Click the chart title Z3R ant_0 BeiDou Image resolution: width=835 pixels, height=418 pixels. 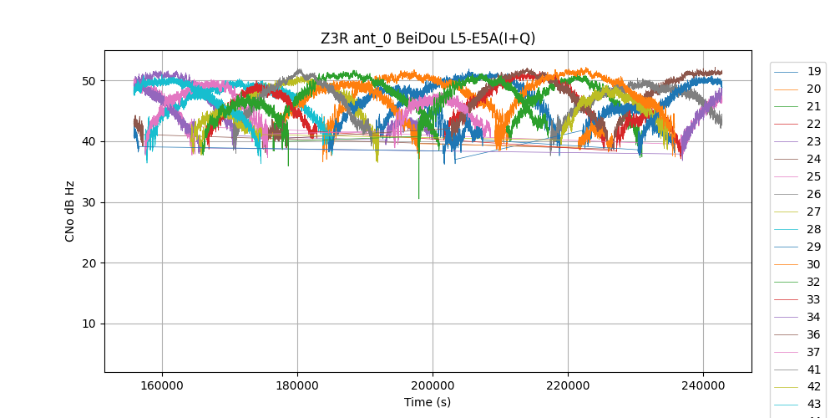428,38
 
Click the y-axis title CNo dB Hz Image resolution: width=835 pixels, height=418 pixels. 70,211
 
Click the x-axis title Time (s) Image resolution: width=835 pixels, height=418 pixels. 428,402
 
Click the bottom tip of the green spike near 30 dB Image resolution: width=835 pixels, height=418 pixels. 419,198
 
